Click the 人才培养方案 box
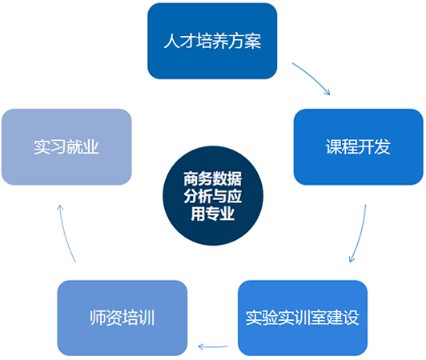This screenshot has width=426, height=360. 212,41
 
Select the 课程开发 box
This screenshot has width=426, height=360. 359,147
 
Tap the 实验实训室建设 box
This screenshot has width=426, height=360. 303,318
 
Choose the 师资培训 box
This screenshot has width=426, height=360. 123,318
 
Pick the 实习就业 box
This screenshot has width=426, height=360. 66,147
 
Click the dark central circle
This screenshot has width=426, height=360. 213,196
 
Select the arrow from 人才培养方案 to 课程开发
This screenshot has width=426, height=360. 313,76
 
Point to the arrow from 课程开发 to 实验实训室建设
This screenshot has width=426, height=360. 361,234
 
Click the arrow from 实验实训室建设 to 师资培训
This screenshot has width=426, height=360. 213,346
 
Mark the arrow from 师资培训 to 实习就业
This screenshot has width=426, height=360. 65,234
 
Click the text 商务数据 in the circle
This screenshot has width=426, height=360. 213,178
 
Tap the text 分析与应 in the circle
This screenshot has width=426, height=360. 213,196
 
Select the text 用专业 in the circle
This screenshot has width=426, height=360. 213,214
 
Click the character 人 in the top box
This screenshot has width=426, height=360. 171,41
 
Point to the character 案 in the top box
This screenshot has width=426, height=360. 253,41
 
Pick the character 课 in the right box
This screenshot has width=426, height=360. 334,147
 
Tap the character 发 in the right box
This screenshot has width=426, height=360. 383,147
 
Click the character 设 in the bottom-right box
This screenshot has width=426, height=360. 351,318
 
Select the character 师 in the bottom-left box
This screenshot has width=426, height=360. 98,318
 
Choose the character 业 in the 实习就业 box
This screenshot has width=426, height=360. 90,147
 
